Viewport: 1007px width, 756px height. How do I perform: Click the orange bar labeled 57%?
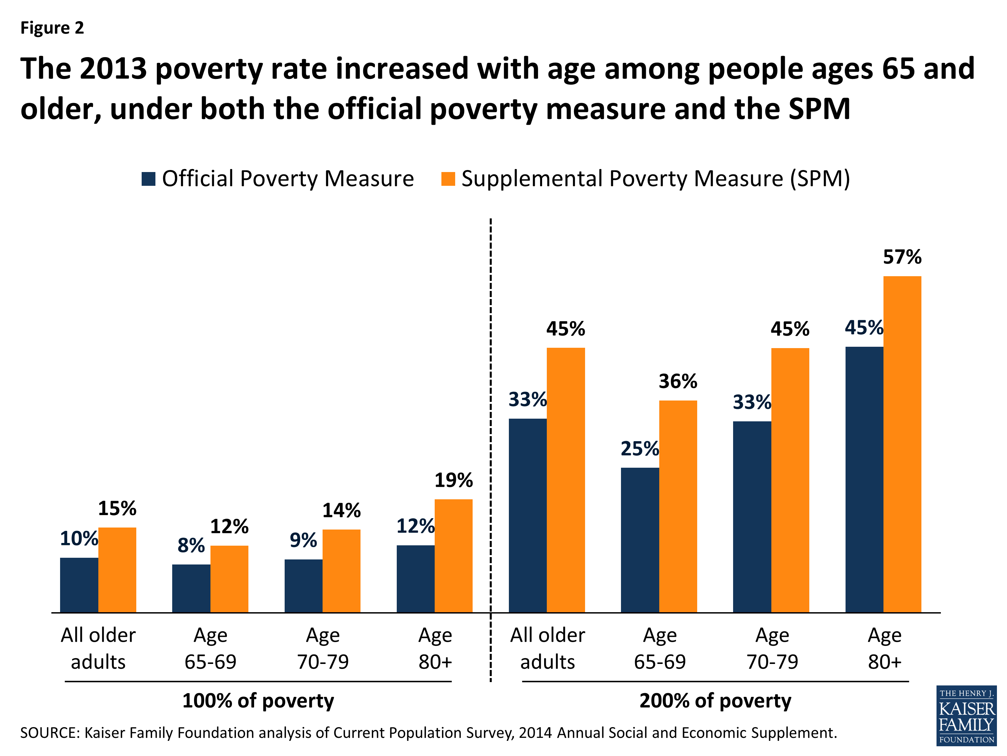click(902, 444)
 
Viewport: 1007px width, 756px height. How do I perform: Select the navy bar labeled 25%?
click(640, 540)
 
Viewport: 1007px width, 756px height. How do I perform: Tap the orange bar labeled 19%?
click(453, 556)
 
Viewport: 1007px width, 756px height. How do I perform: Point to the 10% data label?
click(79, 539)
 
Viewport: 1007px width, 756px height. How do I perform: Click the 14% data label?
click(341, 510)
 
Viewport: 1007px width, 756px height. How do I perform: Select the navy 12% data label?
click(415, 526)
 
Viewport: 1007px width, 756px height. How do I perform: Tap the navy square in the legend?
click(148, 179)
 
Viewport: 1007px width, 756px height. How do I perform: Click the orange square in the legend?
click(448, 179)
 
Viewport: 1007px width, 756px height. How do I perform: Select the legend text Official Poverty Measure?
click(288, 179)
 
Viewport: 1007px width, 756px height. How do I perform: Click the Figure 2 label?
click(52, 28)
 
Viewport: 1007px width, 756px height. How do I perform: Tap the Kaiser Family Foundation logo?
click(966, 715)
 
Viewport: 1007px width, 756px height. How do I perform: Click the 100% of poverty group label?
click(258, 701)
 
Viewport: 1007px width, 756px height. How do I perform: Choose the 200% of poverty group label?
click(715, 701)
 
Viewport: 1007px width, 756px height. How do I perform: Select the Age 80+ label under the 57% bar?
click(884, 648)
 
